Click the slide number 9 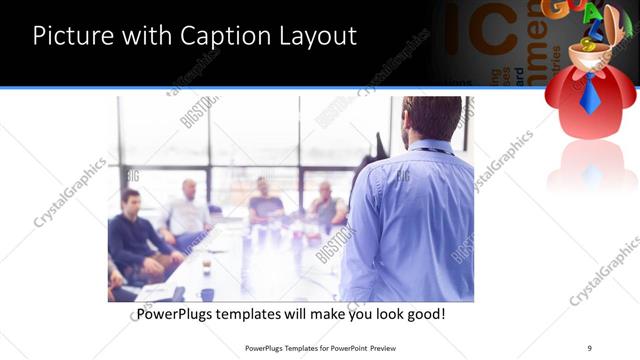point(589,347)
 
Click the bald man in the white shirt point(187,210)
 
